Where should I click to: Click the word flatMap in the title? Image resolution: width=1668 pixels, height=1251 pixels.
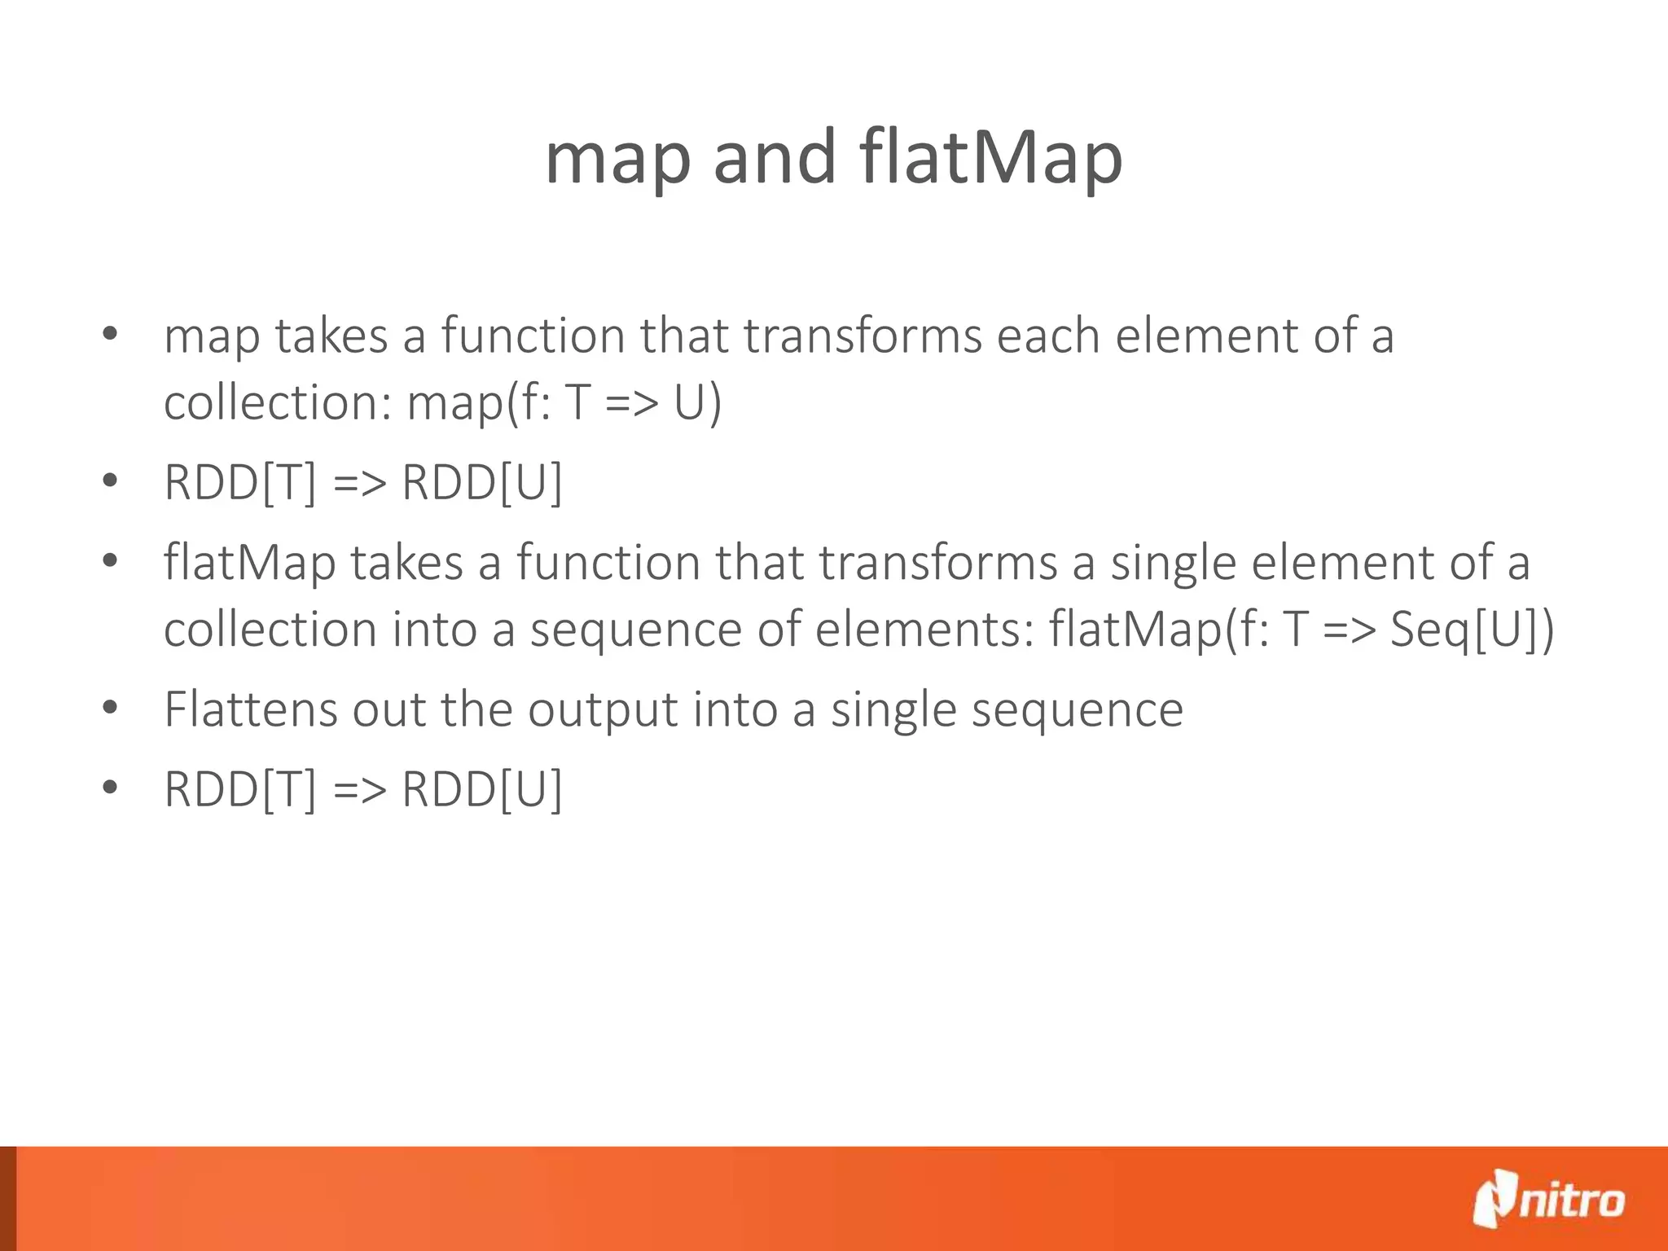990,159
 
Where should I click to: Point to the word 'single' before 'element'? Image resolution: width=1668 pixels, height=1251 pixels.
1173,564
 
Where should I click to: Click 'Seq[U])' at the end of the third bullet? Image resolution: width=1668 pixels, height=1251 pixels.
1471,630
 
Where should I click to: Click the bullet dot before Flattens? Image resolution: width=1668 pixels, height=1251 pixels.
111,707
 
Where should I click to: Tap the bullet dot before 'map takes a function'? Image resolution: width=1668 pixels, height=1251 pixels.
111,333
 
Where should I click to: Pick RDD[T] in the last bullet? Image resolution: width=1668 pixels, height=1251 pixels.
239,789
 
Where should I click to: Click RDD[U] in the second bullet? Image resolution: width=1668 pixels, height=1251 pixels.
481,482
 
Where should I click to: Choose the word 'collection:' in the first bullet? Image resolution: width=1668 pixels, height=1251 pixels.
277,403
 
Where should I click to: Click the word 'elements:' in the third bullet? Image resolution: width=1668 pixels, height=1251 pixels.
924,630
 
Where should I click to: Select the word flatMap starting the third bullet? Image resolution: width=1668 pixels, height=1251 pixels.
249,564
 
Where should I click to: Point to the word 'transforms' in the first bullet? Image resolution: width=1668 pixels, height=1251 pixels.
862,336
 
